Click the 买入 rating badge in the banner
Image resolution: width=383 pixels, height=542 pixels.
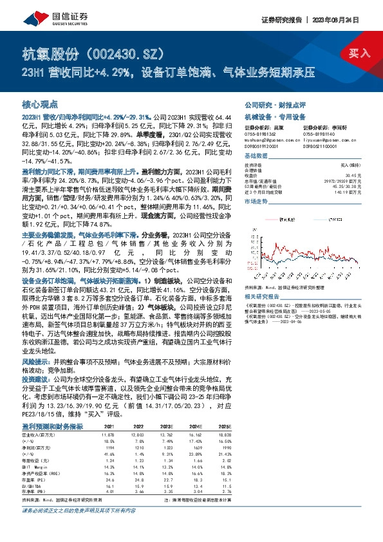click(x=359, y=53)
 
